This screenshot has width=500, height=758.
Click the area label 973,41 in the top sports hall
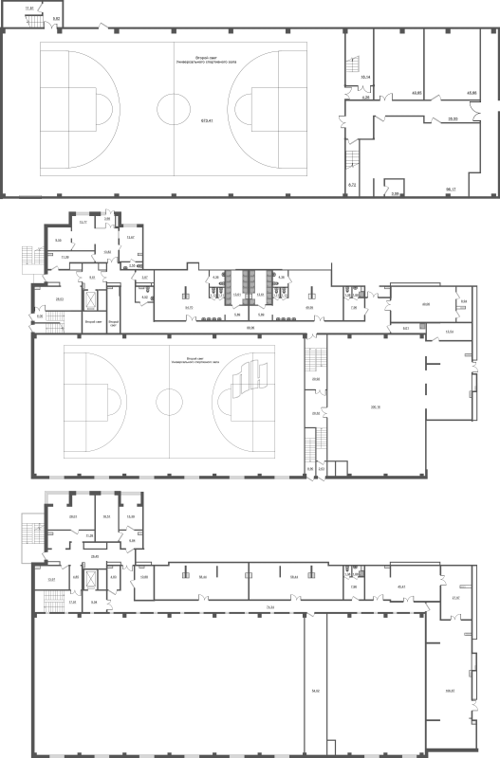(x=205, y=120)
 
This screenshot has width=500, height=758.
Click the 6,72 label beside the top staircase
(x=351, y=184)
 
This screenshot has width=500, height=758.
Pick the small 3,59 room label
(x=396, y=193)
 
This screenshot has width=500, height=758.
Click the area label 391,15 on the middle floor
(x=376, y=406)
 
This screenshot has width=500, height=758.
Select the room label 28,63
(x=59, y=300)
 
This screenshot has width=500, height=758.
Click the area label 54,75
(x=189, y=307)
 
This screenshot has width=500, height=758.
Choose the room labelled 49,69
(x=426, y=303)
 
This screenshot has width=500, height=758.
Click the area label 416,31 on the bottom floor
(x=450, y=690)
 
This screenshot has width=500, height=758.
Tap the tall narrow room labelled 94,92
(x=315, y=691)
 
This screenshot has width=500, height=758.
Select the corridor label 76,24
(x=270, y=606)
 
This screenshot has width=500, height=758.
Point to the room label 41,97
(x=455, y=598)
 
